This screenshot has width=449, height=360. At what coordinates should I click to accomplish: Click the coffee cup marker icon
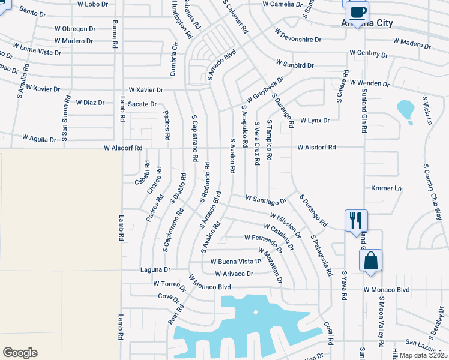pyautogui.click(x=358, y=13)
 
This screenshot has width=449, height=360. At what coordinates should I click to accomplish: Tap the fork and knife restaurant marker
pyautogui.click(x=355, y=220)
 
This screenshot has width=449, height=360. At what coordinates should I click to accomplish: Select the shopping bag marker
pyautogui.click(x=370, y=260)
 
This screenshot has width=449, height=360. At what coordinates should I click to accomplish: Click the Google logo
pyautogui.click(x=20, y=353)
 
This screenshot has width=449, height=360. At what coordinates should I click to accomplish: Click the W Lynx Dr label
pyautogui.click(x=315, y=121)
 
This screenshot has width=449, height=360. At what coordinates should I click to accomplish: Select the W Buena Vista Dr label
pyautogui.click(x=236, y=262)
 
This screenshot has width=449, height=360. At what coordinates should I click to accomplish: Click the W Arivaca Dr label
pyautogui.click(x=230, y=274)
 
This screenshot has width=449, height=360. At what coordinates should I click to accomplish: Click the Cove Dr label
pyautogui.click(x=169, y=296)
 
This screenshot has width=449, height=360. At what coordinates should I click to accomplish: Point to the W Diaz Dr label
pyautogui.click(x=90, y=102)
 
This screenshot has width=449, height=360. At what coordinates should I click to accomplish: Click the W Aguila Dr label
pyautogui.click(x=39, y=138)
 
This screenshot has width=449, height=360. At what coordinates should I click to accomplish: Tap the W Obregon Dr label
pyautogui.click(x=75, y=29)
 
